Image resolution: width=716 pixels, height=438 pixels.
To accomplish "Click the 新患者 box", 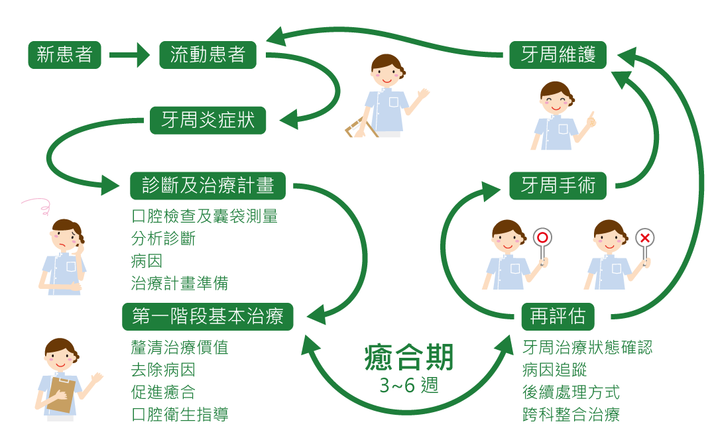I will click(x=64, y=55).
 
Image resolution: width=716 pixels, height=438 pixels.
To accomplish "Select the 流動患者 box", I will click(x=208, y=55).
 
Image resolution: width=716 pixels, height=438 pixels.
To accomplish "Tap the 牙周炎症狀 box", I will click(x=208, y=121).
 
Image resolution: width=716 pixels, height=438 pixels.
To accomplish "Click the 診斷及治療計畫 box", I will click(x=208, y=186).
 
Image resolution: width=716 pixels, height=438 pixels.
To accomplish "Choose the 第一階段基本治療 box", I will click(x=208, y=317).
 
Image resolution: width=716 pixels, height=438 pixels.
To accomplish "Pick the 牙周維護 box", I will click(x=558, y=55).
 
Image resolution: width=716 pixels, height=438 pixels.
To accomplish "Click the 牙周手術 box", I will click(x=558, y=186).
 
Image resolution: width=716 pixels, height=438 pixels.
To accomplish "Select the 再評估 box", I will click(x=558, y=317).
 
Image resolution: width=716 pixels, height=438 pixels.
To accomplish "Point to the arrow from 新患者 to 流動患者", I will click(x=130, y=55).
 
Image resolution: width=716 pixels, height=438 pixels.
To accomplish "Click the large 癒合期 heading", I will click(x=409, y=358).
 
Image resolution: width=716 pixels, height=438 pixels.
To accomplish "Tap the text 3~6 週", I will click(x=409, y=386).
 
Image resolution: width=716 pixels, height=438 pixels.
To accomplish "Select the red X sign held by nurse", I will click(x=644, y=238).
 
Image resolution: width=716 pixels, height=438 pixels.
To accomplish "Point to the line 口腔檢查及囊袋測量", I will click(x=204, y=216).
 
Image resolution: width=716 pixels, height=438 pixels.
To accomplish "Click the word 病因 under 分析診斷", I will click(x=147, y=260).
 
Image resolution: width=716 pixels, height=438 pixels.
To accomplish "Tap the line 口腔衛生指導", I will click(x=180, y=415).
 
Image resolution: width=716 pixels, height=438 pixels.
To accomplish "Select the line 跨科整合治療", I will click(x=571, y=415).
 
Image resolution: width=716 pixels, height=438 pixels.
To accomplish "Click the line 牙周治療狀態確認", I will click(x=587, y=347).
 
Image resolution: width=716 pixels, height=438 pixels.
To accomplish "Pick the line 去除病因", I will click(x=163, y=370).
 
